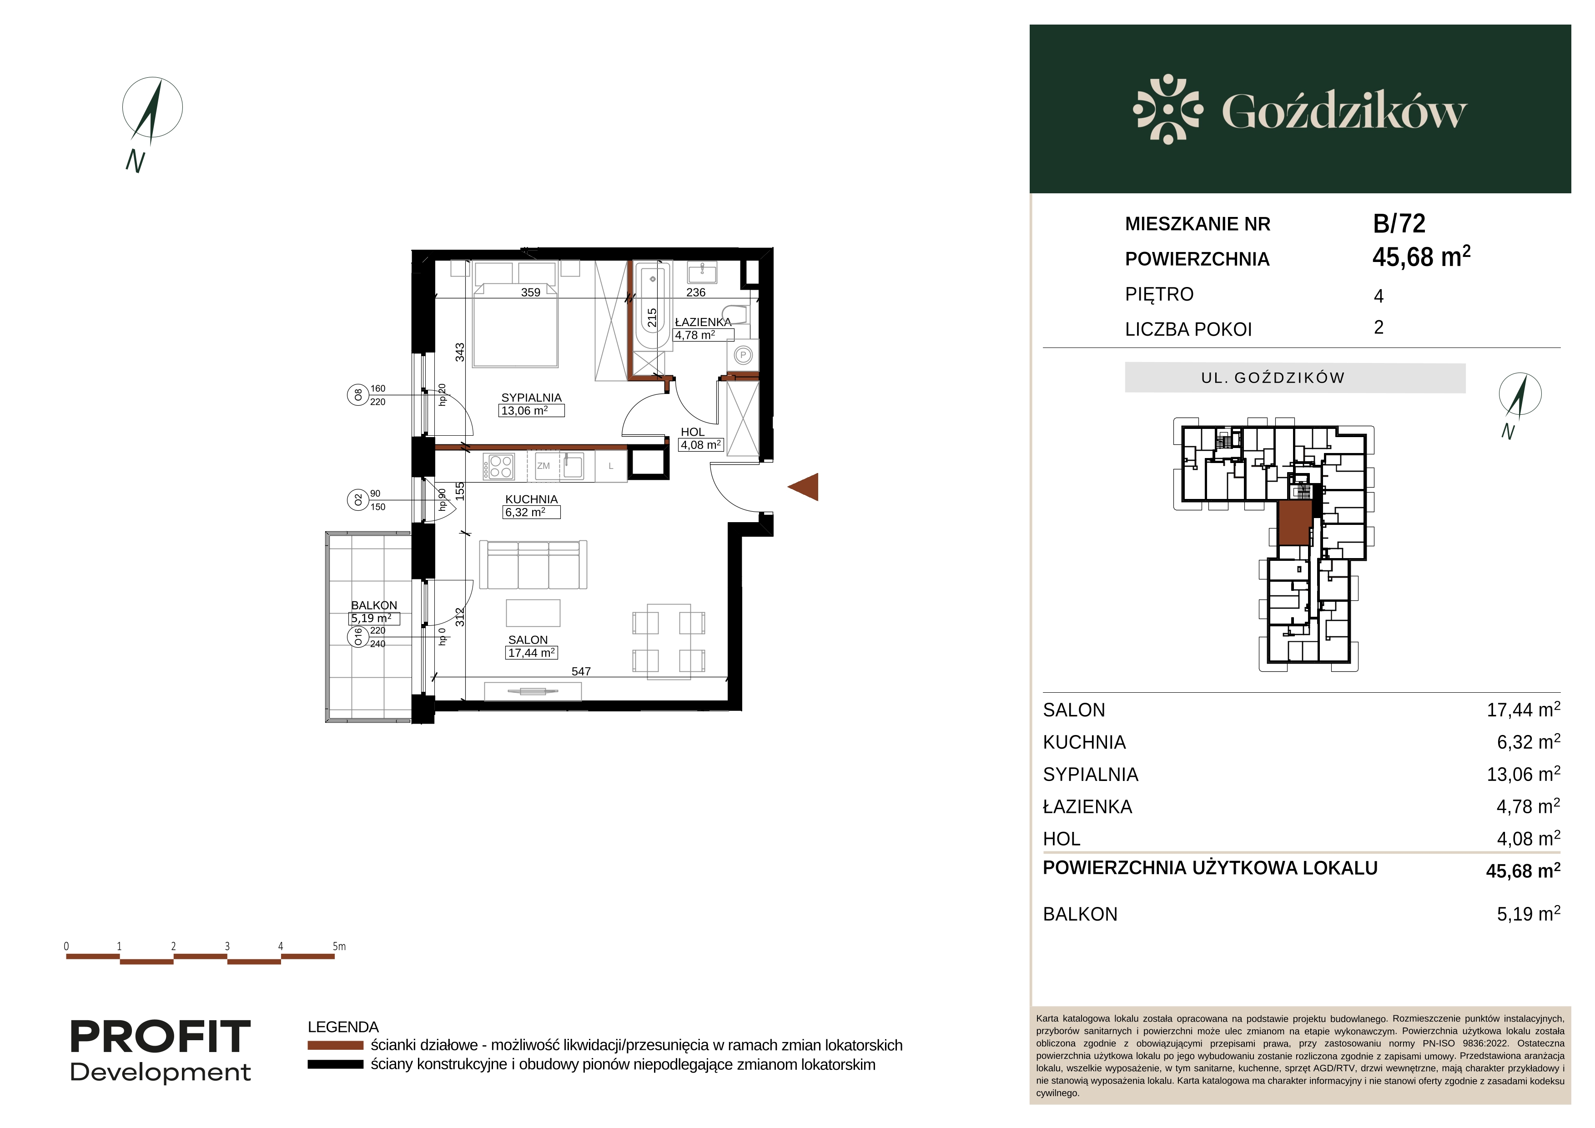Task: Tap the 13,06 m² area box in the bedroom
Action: (531, 411)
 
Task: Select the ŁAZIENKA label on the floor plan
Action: (703, 322)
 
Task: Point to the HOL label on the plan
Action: (693, 432)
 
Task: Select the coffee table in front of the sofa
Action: (533, 613)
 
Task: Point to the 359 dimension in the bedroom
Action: (531, 293)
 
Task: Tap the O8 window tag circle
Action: (358, 395)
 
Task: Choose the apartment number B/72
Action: (1399, 224)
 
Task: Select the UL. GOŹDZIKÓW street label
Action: (1273, 378)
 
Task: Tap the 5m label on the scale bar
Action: (338, 946)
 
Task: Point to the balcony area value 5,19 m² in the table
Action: (1528, 913)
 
